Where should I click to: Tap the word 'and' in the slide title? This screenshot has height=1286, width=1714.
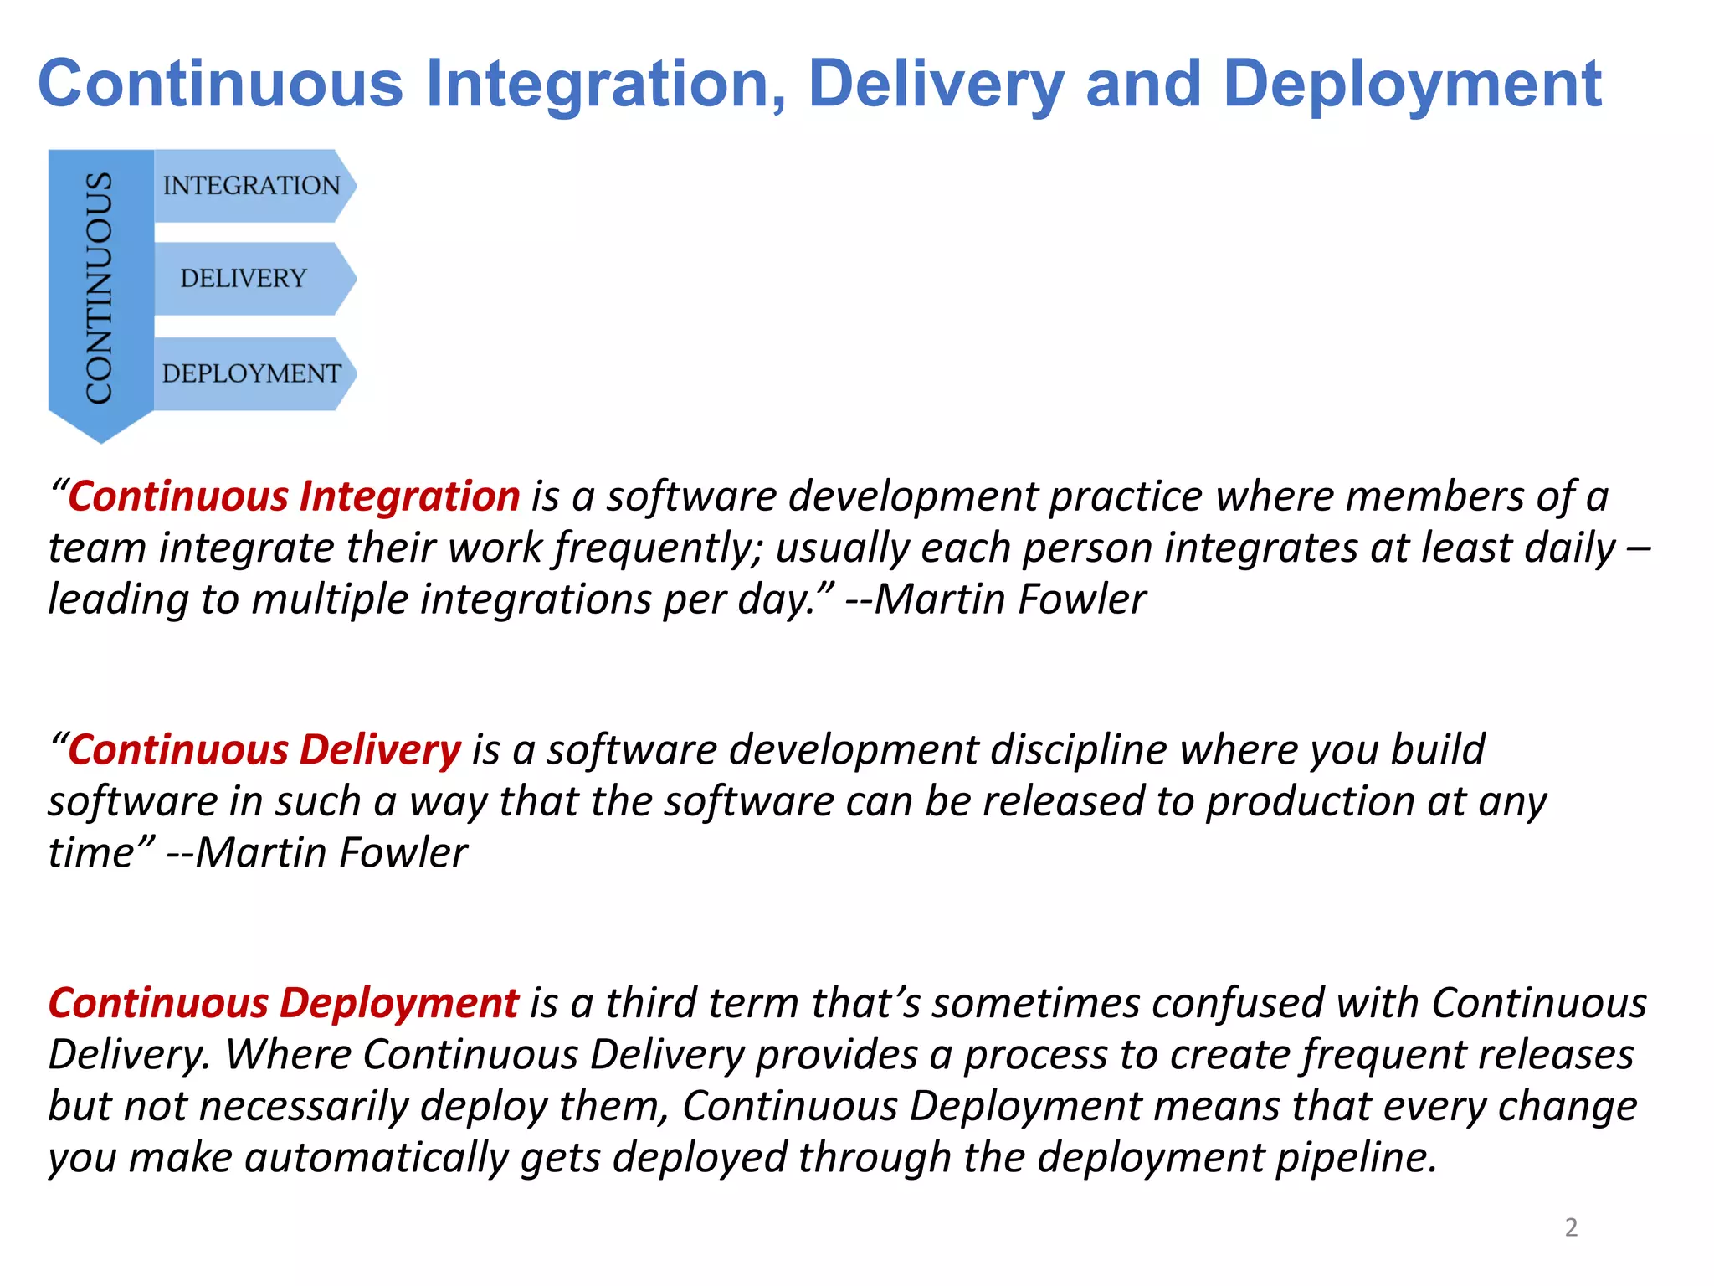(x=1143, y=85)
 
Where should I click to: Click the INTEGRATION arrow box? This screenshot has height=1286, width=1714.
(x=252, y=185)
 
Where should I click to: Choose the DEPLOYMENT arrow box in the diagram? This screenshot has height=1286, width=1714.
(x=252, y=373)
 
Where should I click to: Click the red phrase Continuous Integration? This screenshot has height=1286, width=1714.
(x=294, y=496)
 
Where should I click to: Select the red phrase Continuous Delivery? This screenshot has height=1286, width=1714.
(x=264, y=750)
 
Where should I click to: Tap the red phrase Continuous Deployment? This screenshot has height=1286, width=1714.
(x=284, y=1003)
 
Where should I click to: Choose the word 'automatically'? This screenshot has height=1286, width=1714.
(x=377, y=1159)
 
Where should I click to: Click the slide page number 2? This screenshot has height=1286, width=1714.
(x=1571, y=1227)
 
